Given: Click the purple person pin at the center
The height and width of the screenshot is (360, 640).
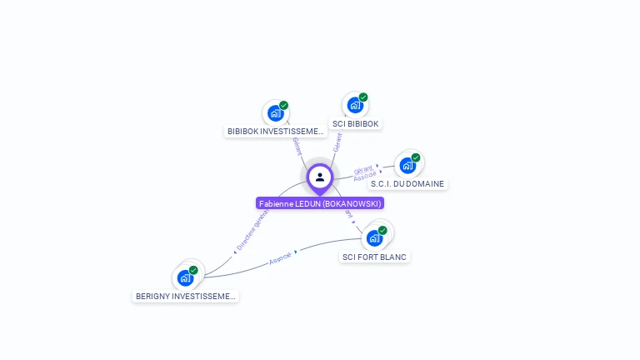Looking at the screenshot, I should coord(320,177).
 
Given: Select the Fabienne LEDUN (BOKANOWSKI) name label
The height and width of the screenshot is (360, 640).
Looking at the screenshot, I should coord(320,203).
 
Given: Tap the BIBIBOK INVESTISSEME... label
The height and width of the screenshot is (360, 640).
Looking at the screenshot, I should coord(275,132).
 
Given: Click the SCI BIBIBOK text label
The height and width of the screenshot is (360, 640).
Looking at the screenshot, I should coord(356,124).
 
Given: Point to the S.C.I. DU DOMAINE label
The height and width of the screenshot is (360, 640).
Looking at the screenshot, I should coord(407,184).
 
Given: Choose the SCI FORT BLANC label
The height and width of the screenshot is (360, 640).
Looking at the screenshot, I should coord(374,257).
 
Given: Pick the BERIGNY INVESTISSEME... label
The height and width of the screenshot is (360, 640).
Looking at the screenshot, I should coord(185,296).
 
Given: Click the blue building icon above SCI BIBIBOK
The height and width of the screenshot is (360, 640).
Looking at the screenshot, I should coord(355,106).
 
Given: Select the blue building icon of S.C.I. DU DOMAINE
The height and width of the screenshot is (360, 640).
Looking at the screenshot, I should coord(407,165).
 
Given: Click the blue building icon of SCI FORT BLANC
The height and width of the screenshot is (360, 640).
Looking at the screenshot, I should coord(374,238).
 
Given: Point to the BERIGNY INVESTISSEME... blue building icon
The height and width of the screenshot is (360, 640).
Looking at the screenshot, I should coord(185,277).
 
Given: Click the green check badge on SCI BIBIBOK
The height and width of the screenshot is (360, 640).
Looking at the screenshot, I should coord(363,97).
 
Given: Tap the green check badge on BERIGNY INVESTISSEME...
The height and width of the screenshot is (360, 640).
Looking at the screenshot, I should coord(193,270).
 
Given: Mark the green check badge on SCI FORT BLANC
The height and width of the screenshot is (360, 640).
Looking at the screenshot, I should coord(382,230).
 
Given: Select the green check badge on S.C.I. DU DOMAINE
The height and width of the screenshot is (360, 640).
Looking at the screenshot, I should coord(416,157).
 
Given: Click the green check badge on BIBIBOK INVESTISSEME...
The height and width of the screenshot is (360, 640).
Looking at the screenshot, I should coord(283,106).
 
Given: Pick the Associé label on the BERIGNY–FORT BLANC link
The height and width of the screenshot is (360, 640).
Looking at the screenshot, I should coord(281,258).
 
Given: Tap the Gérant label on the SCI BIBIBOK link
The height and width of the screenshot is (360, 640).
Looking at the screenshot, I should coord(337,142).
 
